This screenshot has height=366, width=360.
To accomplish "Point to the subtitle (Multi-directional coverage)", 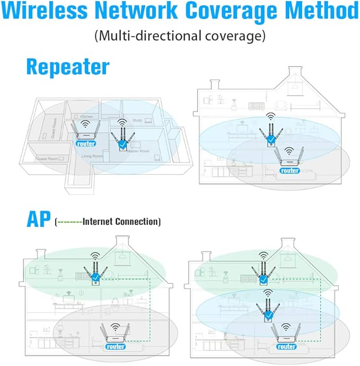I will coord(180,37).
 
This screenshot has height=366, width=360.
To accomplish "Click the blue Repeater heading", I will coord(67,67).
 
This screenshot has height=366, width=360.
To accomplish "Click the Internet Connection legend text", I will coord(121,221).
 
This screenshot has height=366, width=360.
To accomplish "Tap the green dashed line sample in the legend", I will coord(69,222).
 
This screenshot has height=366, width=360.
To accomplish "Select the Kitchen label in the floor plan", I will coord(86,116).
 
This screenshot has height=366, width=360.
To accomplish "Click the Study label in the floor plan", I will coord(137,120).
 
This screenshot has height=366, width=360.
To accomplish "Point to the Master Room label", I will coord(139,151).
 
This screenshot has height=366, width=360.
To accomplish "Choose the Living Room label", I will coord(91,156).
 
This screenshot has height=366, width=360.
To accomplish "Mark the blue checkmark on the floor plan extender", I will coord(122,144).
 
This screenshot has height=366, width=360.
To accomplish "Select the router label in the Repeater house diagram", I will coord(289,170).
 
